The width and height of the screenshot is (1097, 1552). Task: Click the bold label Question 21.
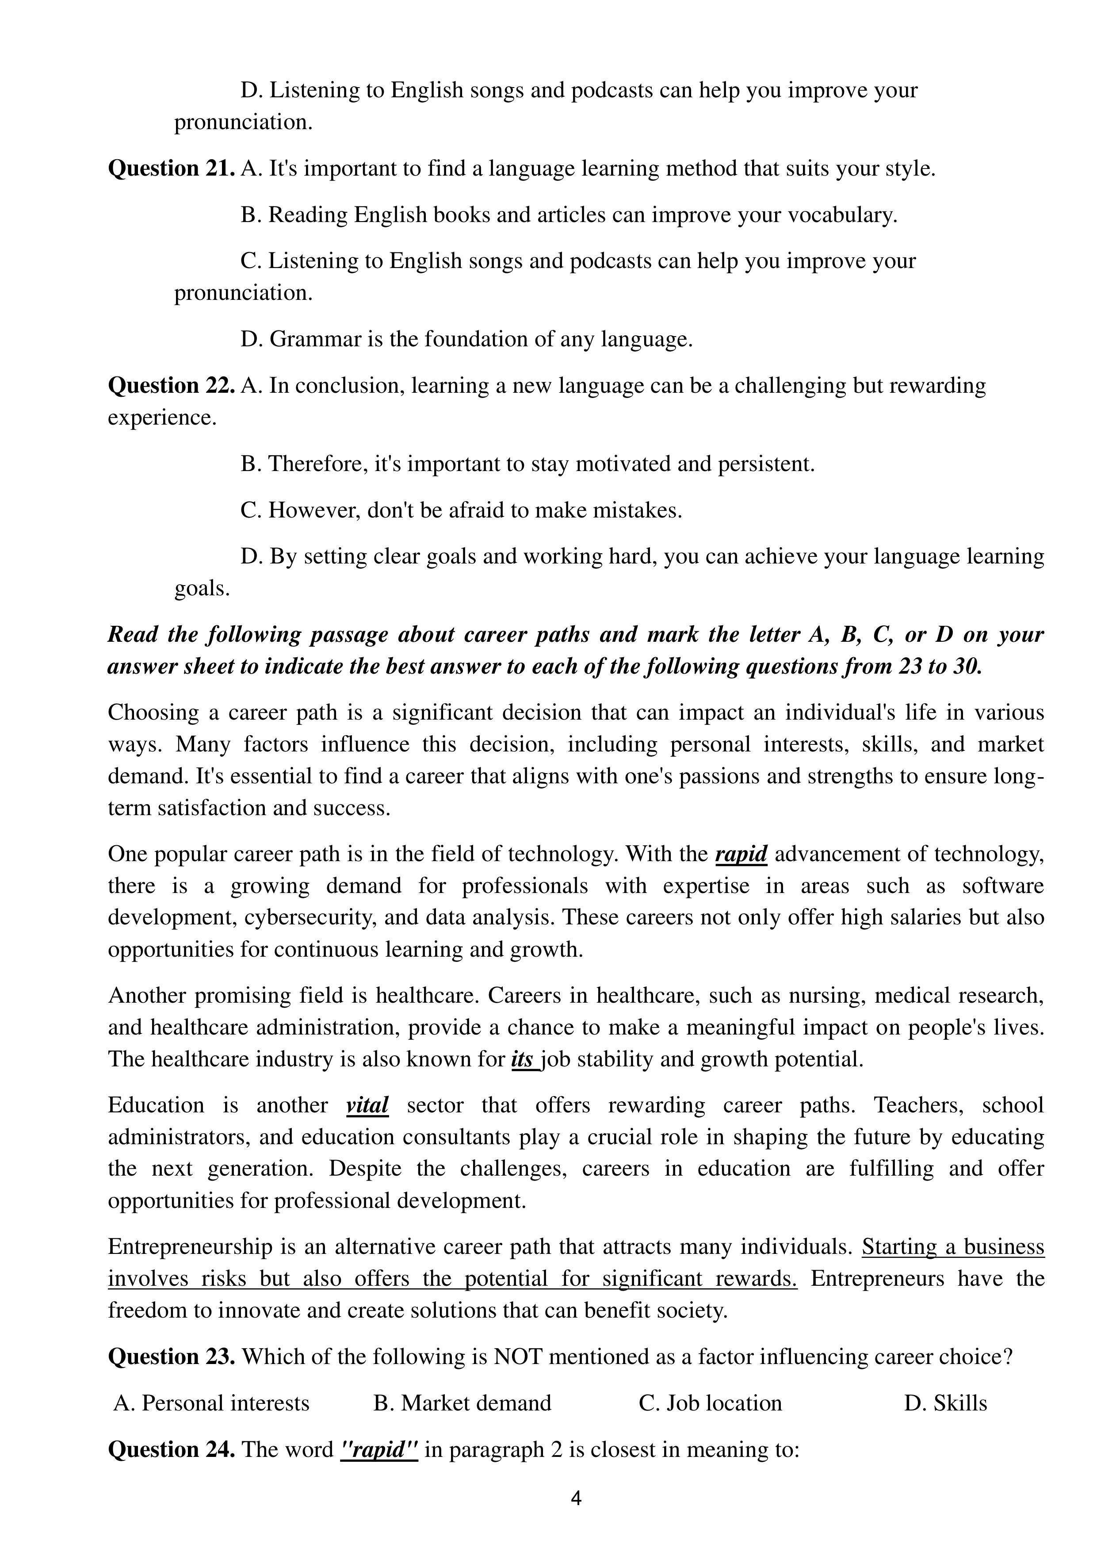tap(172, 169)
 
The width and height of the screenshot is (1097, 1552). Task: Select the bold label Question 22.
tap(172, 386)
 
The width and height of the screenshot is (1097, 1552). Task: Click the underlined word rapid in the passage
tap(741, 855)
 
